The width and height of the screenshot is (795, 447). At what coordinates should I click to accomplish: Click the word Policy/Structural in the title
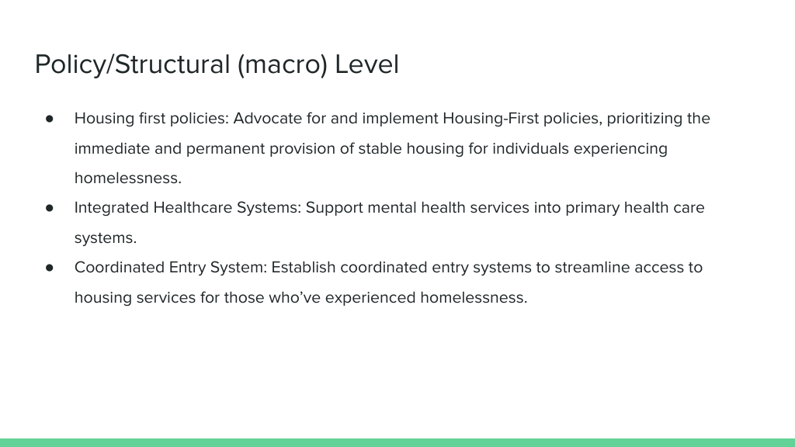(x=132, y=65)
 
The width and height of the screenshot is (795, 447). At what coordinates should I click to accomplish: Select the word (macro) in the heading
(x=283, y=65)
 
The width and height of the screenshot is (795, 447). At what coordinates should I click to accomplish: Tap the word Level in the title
(x=367, y=64)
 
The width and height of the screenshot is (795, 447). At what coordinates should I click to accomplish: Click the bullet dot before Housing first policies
(x=49, y=119)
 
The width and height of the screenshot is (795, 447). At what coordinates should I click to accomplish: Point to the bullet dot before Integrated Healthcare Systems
(x=49, y=208)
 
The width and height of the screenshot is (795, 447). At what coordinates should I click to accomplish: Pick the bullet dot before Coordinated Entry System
(x=49, y=268)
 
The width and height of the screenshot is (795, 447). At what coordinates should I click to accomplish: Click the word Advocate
(x=268, y=118)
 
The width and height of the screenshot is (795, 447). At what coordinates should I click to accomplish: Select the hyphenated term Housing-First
(x=491, y=119)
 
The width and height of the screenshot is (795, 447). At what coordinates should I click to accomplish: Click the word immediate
(x=112, y=148)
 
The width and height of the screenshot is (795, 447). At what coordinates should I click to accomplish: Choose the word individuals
(x=530, y=148)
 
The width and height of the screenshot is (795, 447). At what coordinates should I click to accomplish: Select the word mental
(x=392, y=208)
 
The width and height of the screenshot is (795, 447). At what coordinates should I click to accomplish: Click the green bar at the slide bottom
(x=397, y=442)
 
